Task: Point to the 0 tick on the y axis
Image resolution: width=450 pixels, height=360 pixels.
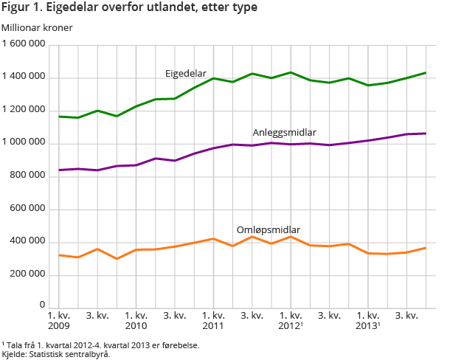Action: click(x=44, y=305)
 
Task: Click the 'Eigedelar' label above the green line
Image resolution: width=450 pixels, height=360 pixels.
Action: click(x=185, y=74)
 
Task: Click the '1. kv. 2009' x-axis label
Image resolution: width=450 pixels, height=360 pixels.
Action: click(x=59, y=321)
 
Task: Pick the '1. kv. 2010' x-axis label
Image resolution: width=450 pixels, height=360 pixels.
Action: click(x=136, y=321)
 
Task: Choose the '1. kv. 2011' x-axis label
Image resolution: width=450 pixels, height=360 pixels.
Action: click(x=214, y=321)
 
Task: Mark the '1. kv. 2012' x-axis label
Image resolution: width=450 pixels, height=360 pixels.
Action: click(x=291, y=321)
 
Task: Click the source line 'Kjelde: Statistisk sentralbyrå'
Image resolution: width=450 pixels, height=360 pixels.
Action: click(x=55, y=354)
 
